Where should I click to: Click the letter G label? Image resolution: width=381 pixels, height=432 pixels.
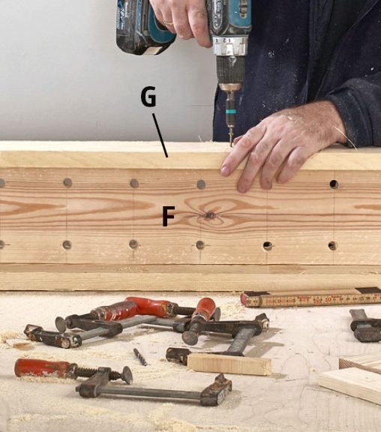[x=148, y=96]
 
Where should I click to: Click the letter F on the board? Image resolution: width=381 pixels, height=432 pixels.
[x=168, y=216]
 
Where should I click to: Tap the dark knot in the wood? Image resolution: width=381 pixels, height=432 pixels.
[x=209, y=215]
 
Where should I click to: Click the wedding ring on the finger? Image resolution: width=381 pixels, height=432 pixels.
[x=168, y=22]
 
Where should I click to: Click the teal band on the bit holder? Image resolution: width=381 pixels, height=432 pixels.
[x=232, y=112]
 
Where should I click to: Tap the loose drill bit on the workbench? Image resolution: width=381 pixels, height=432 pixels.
[x=140, y=357]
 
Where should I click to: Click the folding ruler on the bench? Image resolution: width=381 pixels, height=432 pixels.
[x=310, y=298]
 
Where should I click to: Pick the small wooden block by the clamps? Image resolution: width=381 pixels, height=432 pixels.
[x=229, y=364]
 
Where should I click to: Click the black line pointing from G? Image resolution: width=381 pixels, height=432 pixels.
[x=160, y=135]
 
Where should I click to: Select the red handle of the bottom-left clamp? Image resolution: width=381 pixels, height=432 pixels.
[x=41, y=368]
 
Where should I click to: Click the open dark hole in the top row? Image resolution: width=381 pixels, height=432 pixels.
[x=334, y=184]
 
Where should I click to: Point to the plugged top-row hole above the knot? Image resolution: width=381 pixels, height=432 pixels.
[x=201, y=184]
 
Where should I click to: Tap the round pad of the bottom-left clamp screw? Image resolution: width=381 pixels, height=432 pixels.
[x=127, y=375]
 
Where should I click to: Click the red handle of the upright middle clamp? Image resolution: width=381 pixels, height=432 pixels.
[x=206, y=308]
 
